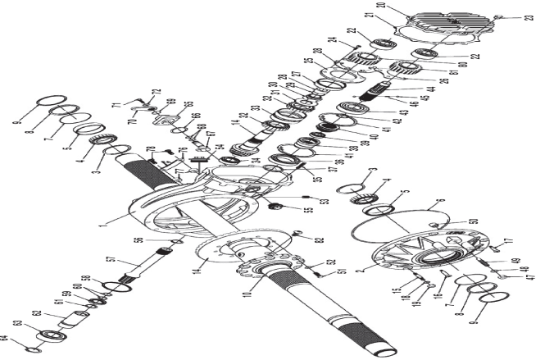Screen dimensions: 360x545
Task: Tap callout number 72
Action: [157, 92]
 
